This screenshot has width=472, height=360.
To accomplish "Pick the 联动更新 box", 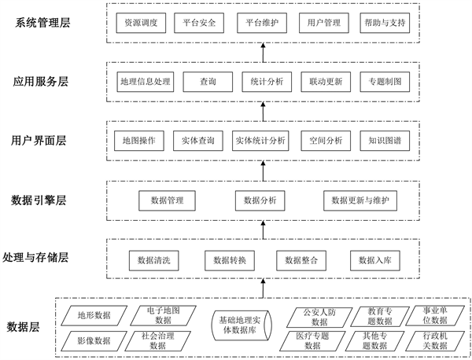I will [x=324, y=81].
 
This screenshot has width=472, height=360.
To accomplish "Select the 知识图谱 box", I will [x=384, y=141].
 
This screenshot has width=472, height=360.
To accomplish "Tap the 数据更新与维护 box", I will [x=360, y=200].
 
